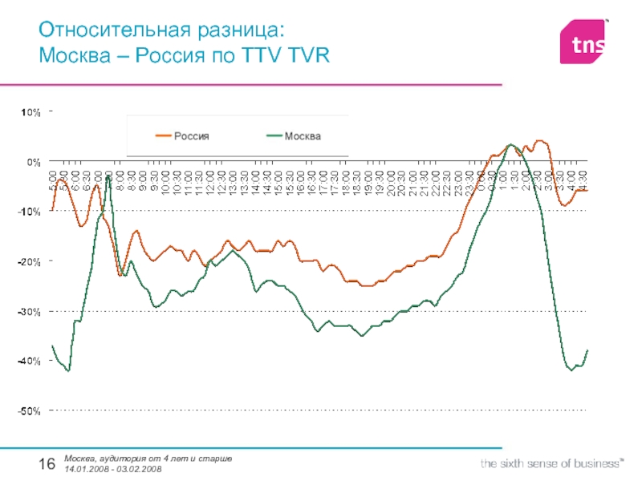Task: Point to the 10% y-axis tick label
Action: (30, 112)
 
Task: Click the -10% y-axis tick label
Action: (30, 212)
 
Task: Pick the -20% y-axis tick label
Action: (30, 261)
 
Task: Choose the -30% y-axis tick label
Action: (30, 311)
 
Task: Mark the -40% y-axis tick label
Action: (30, 361)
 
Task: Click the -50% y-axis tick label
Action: (30, 410)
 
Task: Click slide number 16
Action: (47, 464)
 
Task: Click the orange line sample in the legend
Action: (164, 136)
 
